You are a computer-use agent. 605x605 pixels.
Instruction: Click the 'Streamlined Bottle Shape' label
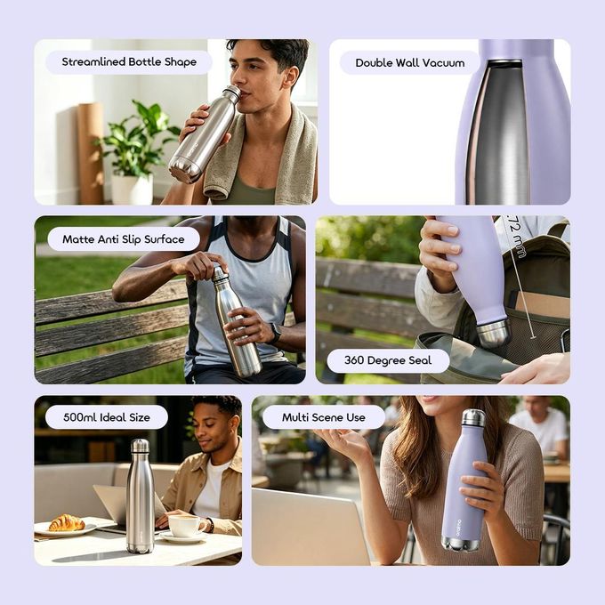click(x=129, y=62)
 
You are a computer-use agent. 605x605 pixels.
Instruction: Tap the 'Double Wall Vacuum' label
click(x=410, y=63)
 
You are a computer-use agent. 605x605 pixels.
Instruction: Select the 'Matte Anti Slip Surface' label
click(x=124, y=239)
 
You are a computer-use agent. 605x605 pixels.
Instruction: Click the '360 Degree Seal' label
click(x=388, y=360)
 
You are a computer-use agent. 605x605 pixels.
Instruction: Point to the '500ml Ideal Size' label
click(x=107, y=417)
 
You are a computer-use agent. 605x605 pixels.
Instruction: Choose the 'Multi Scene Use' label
click(x=323, y=417)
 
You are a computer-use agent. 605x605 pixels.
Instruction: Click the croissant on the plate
click(x=67, y=522)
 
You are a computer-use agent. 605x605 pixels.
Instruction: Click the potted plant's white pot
click(x=132, y=189)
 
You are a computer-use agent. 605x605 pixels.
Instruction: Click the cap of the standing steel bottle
click(x=140, y=446)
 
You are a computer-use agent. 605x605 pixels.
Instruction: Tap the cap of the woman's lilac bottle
click(x=473, y=417)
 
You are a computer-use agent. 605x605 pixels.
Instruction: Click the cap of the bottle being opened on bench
click(x=219, y=273)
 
